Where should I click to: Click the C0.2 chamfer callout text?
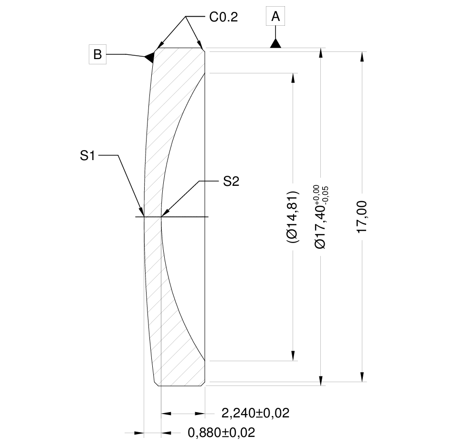tap(223, 18)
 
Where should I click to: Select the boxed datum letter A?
tap(275, 17)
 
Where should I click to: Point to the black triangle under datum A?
tap(275, 43)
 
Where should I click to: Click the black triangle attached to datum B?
tap(149, 57)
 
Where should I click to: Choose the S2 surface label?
tap(231, 182)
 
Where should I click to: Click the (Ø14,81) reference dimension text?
tap(292, 218)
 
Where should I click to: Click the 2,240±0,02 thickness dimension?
tap(256, 413)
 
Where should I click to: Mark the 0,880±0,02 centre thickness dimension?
tap(221, 433)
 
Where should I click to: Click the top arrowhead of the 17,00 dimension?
tap(363, 55)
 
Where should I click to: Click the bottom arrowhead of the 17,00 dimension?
tap(363, 377)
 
